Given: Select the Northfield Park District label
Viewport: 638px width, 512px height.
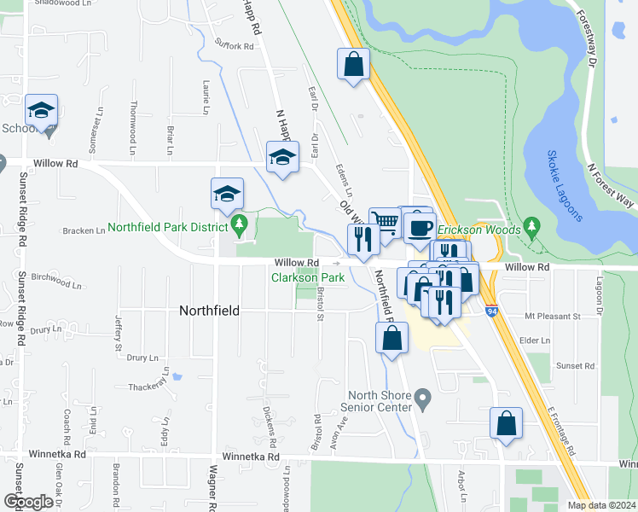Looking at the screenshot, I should tap(169, 229).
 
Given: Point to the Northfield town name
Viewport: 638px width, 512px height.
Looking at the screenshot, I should tap(210, 311).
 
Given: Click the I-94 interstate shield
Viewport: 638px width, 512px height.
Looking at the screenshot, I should tap(493, 311).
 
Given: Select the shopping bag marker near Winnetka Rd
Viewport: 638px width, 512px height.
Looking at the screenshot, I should tap(506, 423).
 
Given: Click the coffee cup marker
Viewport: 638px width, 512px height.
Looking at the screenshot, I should tap(420, 227).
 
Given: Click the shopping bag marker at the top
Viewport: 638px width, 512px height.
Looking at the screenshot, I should tap(353, 64).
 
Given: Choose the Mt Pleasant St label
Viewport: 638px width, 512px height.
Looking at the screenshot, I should tap(553, 316).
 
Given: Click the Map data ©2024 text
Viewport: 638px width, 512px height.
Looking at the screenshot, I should tap(600, 505).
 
